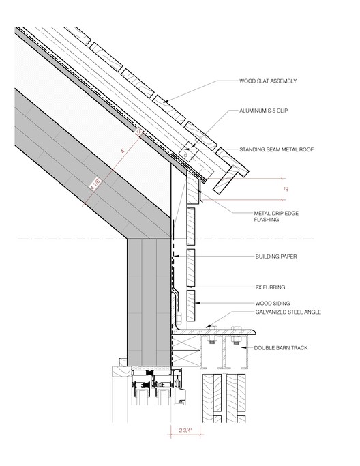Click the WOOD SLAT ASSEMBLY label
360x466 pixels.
click(x=268, y=81)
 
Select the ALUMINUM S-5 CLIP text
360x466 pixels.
click(x=263, y=111)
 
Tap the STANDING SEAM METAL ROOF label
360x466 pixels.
click(x=276, y=149)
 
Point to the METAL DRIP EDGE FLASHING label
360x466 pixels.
click(x=276, y=216)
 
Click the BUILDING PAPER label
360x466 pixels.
click(x=276, y=257)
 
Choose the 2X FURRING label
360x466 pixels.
click(x=270, y=287)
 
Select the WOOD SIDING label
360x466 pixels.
click(x=273, y=304)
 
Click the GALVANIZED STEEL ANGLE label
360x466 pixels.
click(x=288, y=312)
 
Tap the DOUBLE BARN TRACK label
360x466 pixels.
click(x=281, y=348)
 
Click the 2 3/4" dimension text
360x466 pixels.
click(x=185, y=430)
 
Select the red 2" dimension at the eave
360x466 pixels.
click(x=286, y=189)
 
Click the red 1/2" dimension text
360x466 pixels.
click(x=138, y=132)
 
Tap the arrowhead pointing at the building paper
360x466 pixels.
click(x=175, y=256)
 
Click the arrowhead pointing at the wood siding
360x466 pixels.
click(x=197, y=303)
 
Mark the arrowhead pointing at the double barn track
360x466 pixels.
click(x=243, y=347)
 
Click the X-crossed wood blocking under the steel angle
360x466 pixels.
click(x=185, y=350)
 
